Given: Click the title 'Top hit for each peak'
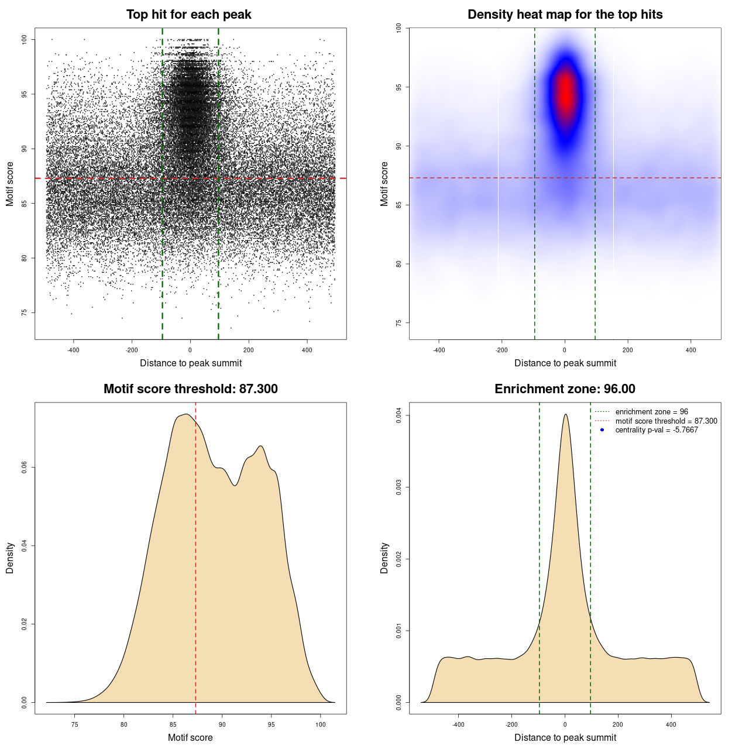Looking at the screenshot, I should (x=188, y=15).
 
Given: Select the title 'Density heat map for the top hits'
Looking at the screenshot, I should (x=565, y=15).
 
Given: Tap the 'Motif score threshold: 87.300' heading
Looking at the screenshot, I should (x=190, y=389).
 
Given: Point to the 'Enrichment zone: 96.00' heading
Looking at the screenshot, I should (x=565, y=389).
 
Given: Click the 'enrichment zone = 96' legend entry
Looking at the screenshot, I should (x=651, y=412).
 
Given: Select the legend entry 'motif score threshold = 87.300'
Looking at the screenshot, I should (x=666, y=421).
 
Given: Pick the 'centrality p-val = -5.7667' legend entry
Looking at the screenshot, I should (x=657, y=430).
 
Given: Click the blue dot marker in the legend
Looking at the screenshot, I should (x=602, y=430).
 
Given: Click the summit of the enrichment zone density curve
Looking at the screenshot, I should (x=565, y=414).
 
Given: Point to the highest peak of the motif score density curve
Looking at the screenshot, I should (x=185, y=414).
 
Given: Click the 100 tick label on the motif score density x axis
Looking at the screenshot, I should (x=320, y=724).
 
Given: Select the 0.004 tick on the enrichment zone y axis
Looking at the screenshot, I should (x=398, y=416).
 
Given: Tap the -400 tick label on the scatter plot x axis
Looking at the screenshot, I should (x=73, y=350).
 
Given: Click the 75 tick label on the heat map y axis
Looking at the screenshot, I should (x=398, y=323).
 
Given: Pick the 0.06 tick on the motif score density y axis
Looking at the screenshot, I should (x=24, y=468).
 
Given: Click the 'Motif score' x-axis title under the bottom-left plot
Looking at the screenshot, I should (x=190, y=737).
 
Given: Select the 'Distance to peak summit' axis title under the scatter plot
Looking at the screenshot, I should (x=191, y=363).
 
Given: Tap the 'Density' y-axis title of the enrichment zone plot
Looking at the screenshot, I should (x=384, y=558).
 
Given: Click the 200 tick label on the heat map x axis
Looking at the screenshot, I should (x=628, y=350).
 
